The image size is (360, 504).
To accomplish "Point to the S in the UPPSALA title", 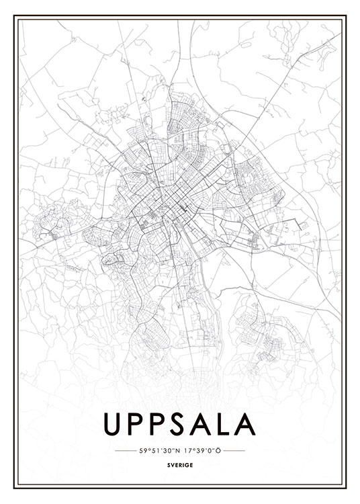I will tap(183, 423).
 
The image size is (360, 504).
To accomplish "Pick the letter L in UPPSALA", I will tap(225, 423).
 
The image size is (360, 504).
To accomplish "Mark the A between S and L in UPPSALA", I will tap(204, 423).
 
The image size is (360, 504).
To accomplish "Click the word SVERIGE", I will tap(180, 463).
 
